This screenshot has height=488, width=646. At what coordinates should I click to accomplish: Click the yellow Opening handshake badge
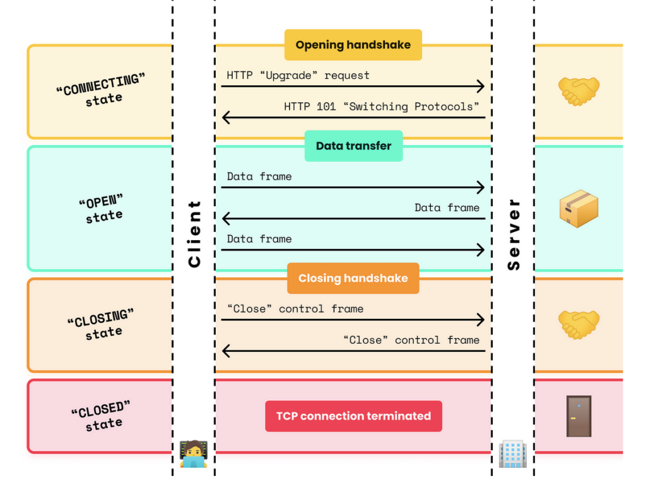point(353,45)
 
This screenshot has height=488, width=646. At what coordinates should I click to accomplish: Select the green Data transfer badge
point(353,146)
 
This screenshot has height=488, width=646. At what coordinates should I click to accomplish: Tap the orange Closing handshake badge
point(353,278)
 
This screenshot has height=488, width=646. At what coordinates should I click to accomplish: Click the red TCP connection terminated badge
point(353,416)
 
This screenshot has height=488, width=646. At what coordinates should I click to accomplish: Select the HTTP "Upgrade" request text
point(298,75)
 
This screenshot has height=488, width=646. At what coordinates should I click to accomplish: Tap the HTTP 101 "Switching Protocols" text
point(382,107)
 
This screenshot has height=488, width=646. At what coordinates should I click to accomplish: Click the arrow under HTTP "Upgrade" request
point(353,86)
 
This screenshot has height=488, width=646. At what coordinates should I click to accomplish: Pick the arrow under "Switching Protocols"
point(353,117)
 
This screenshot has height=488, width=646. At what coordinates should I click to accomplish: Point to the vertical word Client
point(194,233)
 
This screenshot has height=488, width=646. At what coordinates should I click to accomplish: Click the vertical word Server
point(514,234)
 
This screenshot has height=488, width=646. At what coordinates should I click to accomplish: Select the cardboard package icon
point(578,209)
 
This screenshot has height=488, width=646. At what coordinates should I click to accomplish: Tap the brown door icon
point(578,416)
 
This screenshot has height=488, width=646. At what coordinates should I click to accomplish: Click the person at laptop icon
point(193,453)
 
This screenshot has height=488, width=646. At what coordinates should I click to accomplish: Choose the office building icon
point(512,453)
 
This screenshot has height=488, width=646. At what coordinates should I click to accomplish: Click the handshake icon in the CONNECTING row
point(578,91)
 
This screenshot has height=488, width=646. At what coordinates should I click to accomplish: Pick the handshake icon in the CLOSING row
point(578,324)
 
